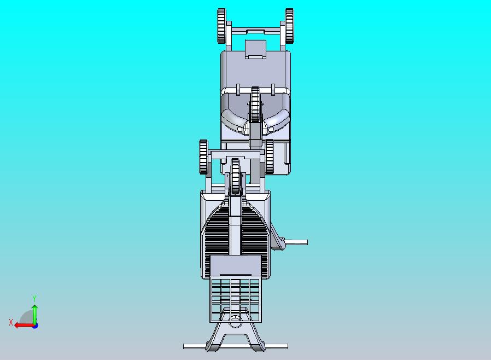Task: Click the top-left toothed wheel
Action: coord(221,26)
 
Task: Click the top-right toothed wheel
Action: coord(289,26)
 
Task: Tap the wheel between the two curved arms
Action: coord(255,104)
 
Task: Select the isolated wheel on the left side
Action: coord(203,157)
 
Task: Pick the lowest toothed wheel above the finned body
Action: coord(235,176)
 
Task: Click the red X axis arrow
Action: coord(25,326)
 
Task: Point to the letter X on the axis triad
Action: coord(11,322)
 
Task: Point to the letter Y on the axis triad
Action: coord(34,298)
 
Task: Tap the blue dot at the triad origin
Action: coord(36,326)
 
